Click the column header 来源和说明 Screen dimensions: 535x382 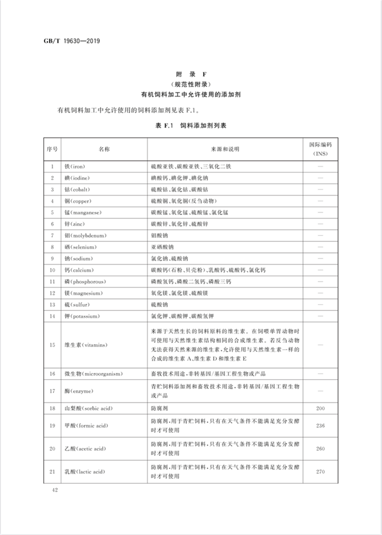(x=224, y=149)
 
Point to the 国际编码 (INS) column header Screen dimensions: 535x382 (x=320, y=149)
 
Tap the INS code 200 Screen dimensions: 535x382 (x=320, y=408)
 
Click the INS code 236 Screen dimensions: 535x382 (x=320, y=426)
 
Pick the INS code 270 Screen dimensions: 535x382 (x=320, y=472)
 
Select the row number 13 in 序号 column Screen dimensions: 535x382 (x=52, y=304)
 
